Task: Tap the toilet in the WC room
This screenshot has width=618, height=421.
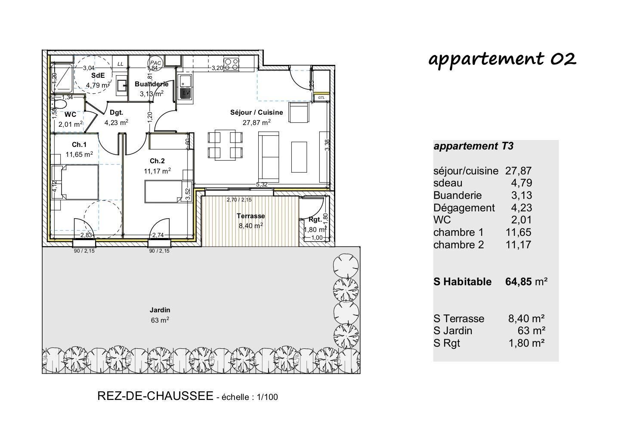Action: click(x=59, y=104)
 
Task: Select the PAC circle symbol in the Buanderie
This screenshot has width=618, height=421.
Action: click(x=155, y=63)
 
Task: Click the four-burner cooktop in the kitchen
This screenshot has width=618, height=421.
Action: click(x=231, y=64)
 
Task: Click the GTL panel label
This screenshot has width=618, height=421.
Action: click(x=321, y=98)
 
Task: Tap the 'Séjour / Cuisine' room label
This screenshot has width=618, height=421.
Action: click(x=256, y=113)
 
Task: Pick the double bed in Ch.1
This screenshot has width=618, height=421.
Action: click(x=75, y=182)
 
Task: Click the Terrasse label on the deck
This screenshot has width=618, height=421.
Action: click(x=251, y=216)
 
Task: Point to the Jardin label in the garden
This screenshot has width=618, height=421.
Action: click(x=160, y=310)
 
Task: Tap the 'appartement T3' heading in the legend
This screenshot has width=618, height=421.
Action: click(x=473, y=146)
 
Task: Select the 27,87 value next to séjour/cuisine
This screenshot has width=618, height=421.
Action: click(x=518, y=171)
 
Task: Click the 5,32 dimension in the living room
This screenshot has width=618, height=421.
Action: click(x=262, y=184)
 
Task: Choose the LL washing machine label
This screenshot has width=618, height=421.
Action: click(x=121, y=64)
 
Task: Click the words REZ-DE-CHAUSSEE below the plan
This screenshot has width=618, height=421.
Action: click(x=155, y=396)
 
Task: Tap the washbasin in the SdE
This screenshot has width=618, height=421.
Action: click(x=121, y=85)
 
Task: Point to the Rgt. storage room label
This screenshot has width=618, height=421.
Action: click(x=315, y=220)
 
